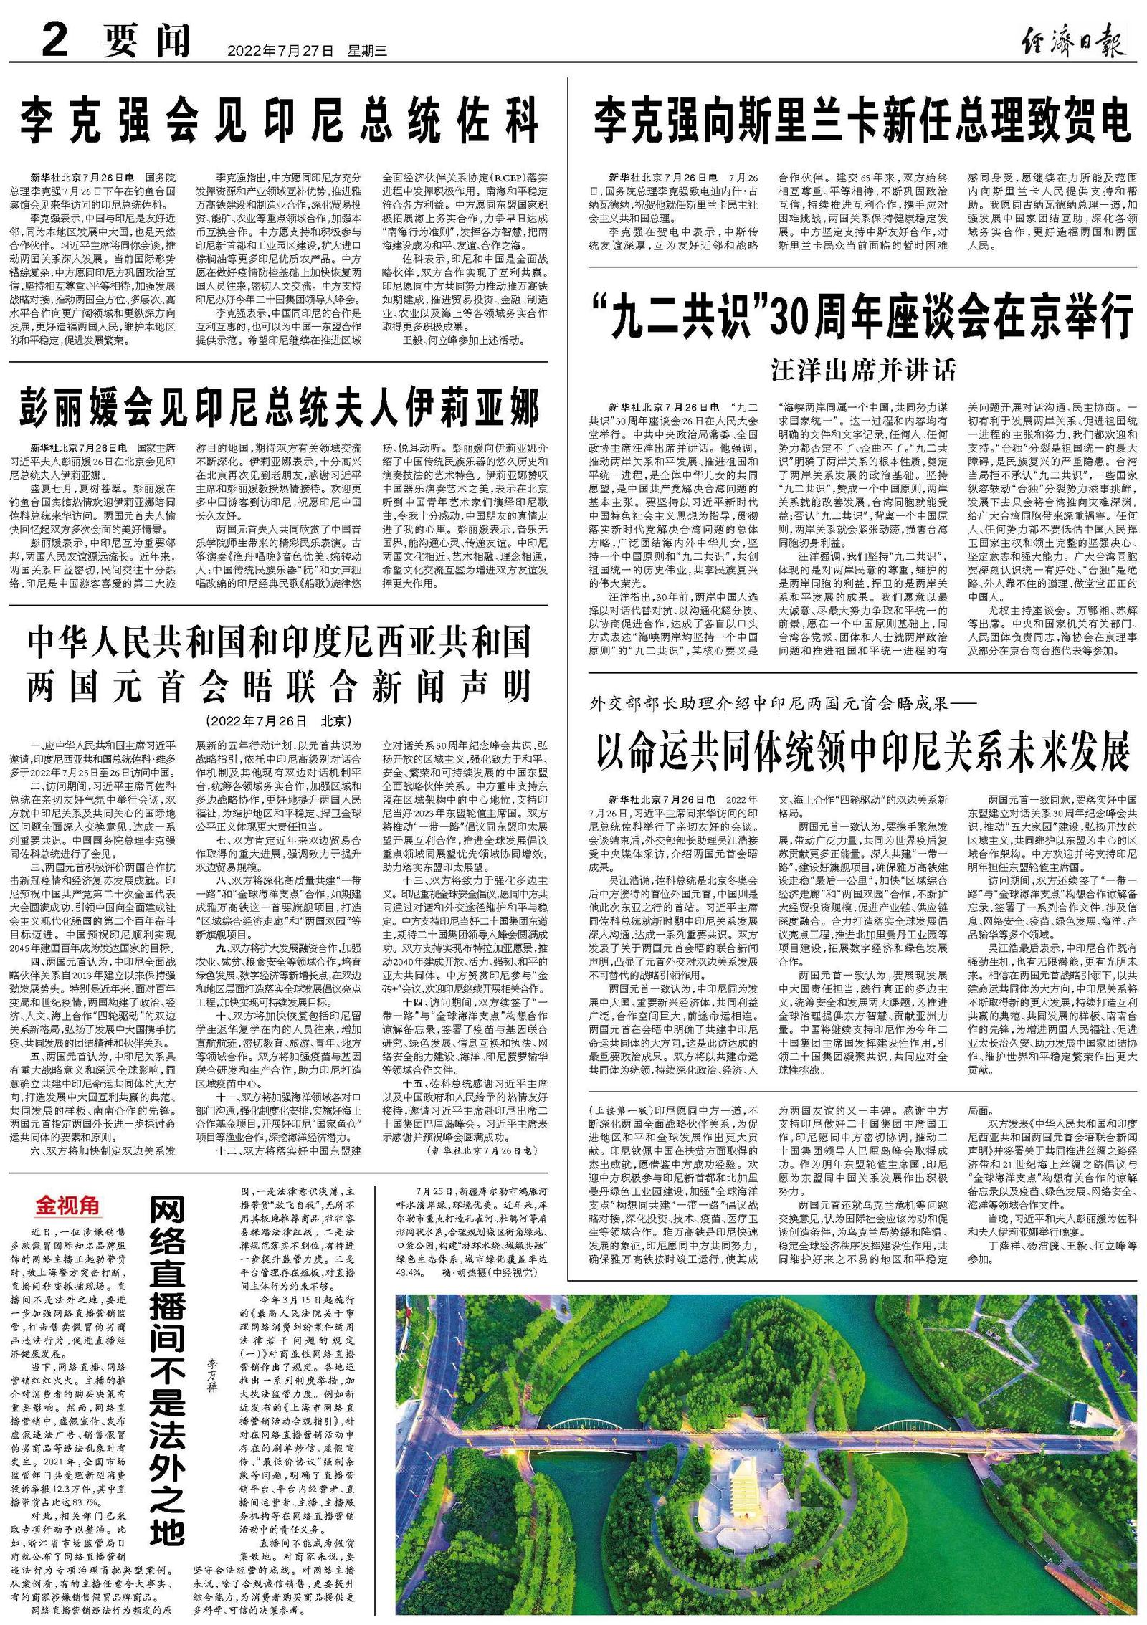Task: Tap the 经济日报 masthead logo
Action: tap(1072, 39)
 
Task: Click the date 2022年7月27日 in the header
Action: tap(280, 51)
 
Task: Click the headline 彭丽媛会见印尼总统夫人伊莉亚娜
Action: tap(279, 406)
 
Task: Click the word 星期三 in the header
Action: tap(367, 51)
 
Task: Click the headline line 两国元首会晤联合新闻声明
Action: tap(279, 686)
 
